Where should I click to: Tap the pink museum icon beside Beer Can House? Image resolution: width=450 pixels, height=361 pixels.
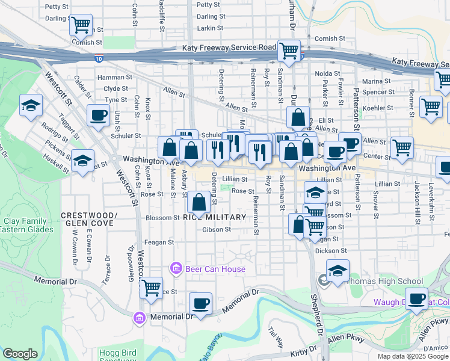(x=176, y=268)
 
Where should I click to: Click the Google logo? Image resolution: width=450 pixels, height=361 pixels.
(x=20, y=354)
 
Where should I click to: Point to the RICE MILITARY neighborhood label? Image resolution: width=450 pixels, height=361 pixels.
(x=215, y=217)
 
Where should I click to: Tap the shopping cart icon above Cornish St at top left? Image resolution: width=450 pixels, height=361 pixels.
(x=80, y=25)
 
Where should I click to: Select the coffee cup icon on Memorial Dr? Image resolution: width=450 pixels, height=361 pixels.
(x=200, y=303)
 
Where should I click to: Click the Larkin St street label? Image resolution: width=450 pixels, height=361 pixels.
(x=211, y=28)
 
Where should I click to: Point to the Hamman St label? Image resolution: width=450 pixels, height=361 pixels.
(x=114, y=78)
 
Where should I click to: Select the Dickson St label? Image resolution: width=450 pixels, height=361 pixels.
(x=331, y=250)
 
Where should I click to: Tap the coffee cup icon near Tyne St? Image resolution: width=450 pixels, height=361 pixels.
(x=98, y=115)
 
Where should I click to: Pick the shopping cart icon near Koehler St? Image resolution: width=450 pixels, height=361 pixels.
(x=431, y=106)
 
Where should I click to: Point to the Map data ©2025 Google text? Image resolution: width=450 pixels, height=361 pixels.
(x=413, y=356)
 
